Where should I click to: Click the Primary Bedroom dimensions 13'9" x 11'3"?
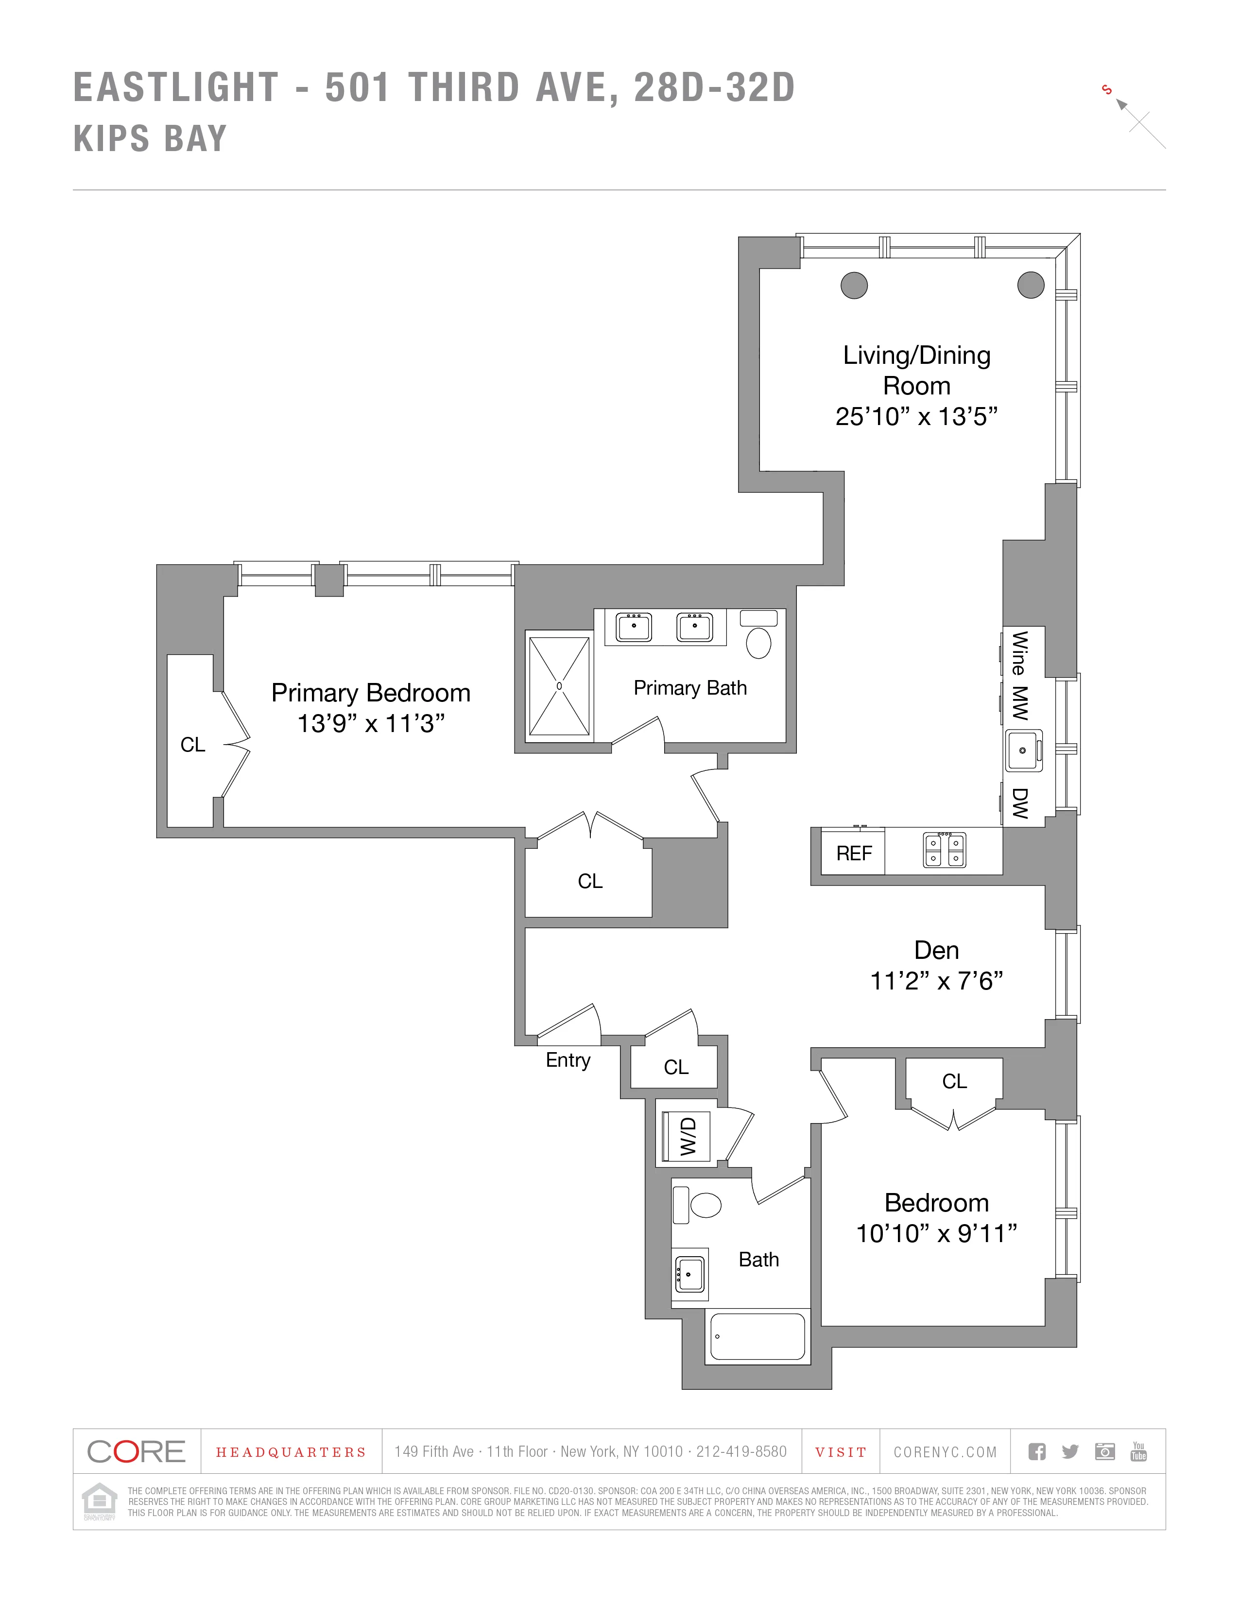pyautogui.click(x=371, y=724)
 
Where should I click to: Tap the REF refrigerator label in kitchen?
pyautogui.click(x=854, y=853)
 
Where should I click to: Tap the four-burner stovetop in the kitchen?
pyautogui.click(x=945, y=851)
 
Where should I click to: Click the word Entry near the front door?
pyautogui.click(x=568, y=1060)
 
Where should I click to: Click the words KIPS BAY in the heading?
pyautogui.click(x=151, y=139)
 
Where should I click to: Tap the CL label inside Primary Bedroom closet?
pyautogui.click(x=192, y=745)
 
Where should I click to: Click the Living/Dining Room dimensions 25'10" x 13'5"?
pyautogui.click(x=916, y=417)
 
